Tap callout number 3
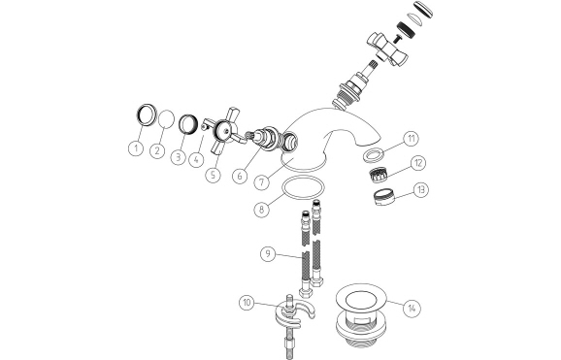click(x=179, y=155)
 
